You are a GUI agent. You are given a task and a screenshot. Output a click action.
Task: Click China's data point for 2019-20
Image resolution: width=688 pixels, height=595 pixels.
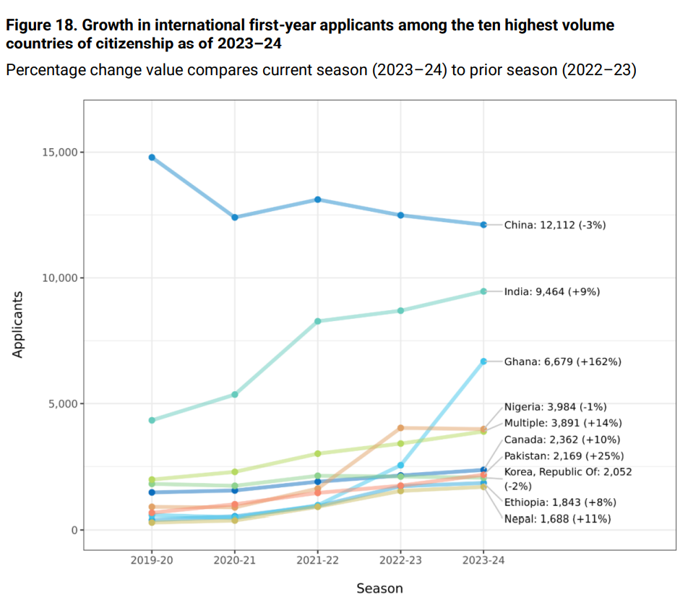point(152,157)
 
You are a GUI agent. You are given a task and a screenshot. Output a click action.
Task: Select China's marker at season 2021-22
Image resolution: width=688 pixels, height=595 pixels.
point(317,199)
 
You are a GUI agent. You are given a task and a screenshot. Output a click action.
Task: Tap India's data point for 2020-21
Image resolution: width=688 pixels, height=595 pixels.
point(235,395)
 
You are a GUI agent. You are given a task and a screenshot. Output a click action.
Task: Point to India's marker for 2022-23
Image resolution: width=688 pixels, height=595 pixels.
point(400,311)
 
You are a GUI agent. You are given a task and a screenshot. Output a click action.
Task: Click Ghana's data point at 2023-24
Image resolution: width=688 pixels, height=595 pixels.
point(483,361)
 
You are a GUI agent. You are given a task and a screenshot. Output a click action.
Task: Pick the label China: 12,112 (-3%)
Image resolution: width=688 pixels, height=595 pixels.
point(555,225)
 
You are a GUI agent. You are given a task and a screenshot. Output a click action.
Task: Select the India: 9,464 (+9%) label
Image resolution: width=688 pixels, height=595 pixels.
point(552,292)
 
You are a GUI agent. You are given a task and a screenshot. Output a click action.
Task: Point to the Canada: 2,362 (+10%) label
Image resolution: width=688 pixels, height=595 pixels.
point(562,440)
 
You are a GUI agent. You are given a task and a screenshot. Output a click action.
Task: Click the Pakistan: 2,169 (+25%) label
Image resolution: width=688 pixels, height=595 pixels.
point(564,456)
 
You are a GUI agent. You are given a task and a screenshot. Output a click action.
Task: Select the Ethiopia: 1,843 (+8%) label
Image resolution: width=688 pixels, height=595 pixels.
point(560,502)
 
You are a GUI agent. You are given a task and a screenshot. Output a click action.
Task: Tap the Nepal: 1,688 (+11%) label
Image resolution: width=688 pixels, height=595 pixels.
point(557,518)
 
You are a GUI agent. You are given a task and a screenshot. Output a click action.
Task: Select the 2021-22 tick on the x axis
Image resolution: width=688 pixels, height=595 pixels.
point(317,561)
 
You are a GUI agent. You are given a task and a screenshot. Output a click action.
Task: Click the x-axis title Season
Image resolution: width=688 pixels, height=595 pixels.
point(379,588)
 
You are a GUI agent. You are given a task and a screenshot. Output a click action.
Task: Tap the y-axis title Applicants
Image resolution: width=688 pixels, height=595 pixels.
point(19,325)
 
